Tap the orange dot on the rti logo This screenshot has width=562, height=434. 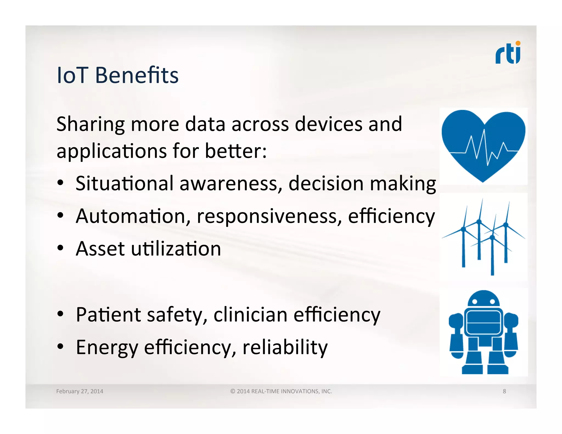pyautogui.click(x=518, y=43)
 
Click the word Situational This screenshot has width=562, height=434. pyautogui.click(x=124, y=183)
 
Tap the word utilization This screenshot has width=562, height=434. pyautogui.click(x=176, y=249)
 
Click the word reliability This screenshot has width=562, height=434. pyautogui.click(x=285, y=347)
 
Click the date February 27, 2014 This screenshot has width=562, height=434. pyautogui.click(x=80, y=391)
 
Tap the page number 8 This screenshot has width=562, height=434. pyautogui.click(x=504, y=391)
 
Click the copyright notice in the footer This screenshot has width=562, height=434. pyautogui.click(x=281, y=391)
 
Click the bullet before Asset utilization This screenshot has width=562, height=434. pyautogui.click(x=60, y=248)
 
